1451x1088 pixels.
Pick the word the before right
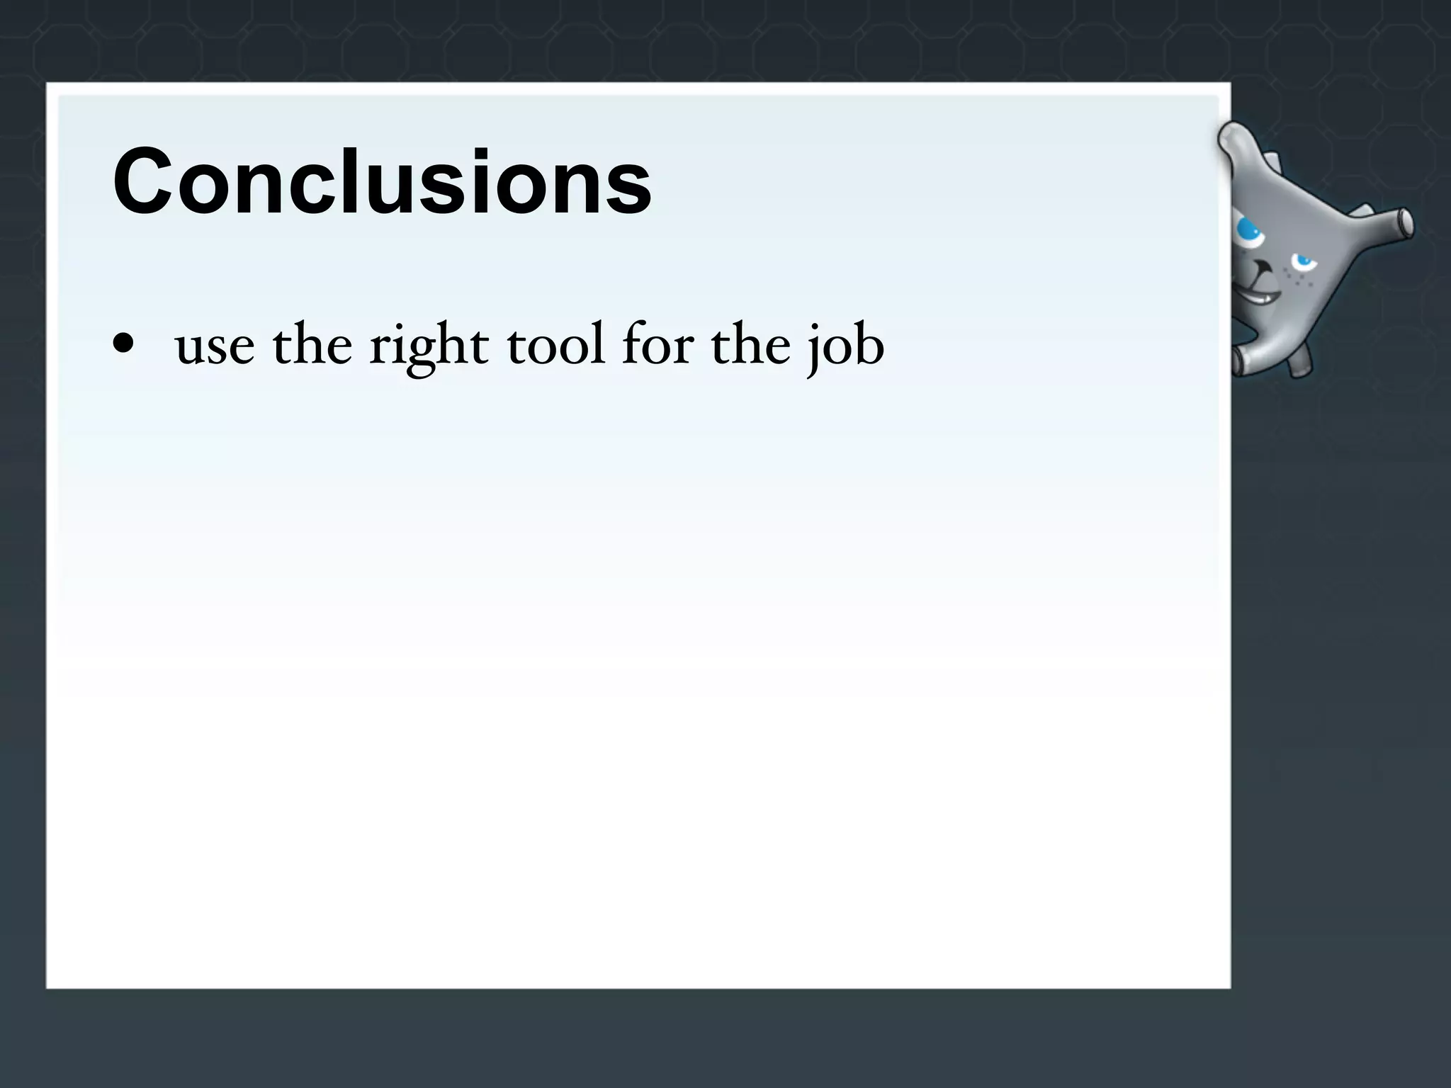(x=312, y=344)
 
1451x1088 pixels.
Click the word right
(x=429, y=347)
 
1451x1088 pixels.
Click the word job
(x=847, y=347)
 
